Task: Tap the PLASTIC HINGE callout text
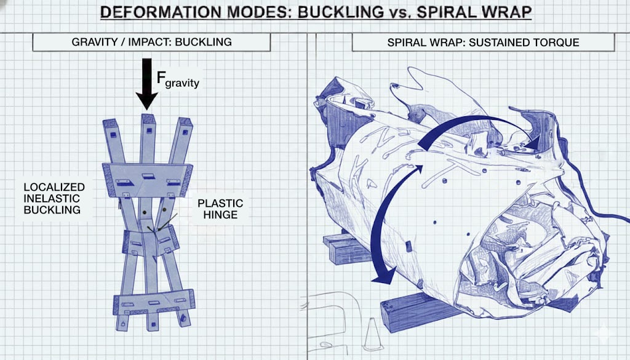tap(220, 209)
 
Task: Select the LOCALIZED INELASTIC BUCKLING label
tap(54, 198)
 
